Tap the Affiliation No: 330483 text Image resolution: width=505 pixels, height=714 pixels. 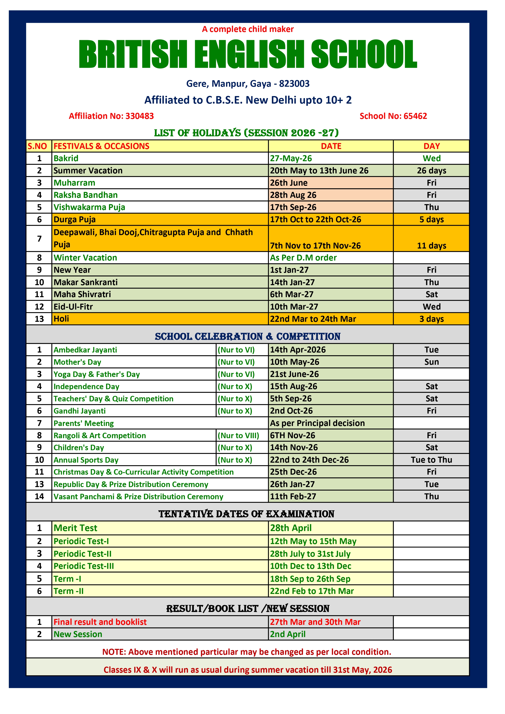(111, 116)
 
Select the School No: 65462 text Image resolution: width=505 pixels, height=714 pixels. (393, 116)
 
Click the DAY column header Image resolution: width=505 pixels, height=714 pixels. (431, 146)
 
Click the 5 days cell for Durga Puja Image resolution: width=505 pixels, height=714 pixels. (431, 220)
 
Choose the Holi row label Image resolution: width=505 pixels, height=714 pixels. (61, 319)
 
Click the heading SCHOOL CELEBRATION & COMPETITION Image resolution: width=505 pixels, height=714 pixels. (248, 336)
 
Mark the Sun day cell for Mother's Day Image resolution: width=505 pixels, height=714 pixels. (431, 362)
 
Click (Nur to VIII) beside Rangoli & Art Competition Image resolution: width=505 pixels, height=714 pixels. (238, 435)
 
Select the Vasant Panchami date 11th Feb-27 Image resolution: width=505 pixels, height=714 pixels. (293, 497)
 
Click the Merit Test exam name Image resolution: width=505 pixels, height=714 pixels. (75, 528)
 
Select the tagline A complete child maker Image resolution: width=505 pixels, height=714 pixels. (248, 29)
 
